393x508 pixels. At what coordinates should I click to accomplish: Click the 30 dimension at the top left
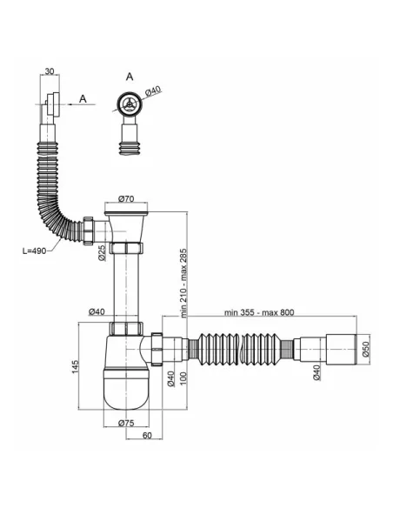click(x=50, y=71)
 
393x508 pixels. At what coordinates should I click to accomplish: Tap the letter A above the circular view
click(x=130, y=77)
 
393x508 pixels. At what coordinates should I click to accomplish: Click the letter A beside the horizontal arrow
click(x=83, y=98)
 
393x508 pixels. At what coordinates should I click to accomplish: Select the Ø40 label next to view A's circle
click(x=153, y=91)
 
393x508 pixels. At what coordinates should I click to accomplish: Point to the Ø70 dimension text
click(x=126, y=199)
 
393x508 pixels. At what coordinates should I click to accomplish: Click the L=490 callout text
click(x=34, y=251)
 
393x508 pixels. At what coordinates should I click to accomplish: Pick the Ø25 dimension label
click(x=102, y=253)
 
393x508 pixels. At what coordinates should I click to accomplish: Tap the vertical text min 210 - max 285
click(x=183, y=283)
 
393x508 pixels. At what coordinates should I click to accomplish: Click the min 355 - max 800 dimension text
click(x=259, y=312)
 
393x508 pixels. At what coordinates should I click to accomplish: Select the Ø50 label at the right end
click(x=366, y=349)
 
